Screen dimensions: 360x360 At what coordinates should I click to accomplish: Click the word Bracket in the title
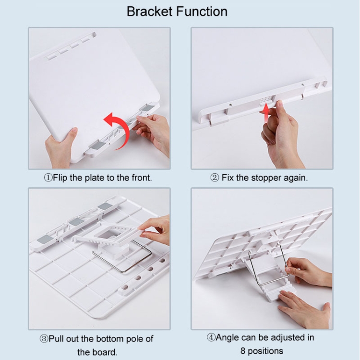coord(149,12)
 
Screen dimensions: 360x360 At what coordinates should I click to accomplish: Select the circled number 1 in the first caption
coord(48,178)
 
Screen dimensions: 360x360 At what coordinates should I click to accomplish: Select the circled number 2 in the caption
coord(215,178)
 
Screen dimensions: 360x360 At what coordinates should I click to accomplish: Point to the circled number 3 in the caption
coord(44,339)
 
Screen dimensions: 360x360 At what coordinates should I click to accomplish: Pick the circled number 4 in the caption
coord(211,337)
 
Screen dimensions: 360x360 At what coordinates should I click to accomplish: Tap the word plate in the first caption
coord(94,178)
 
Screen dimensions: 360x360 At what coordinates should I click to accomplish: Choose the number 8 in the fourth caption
coord(243,351)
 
